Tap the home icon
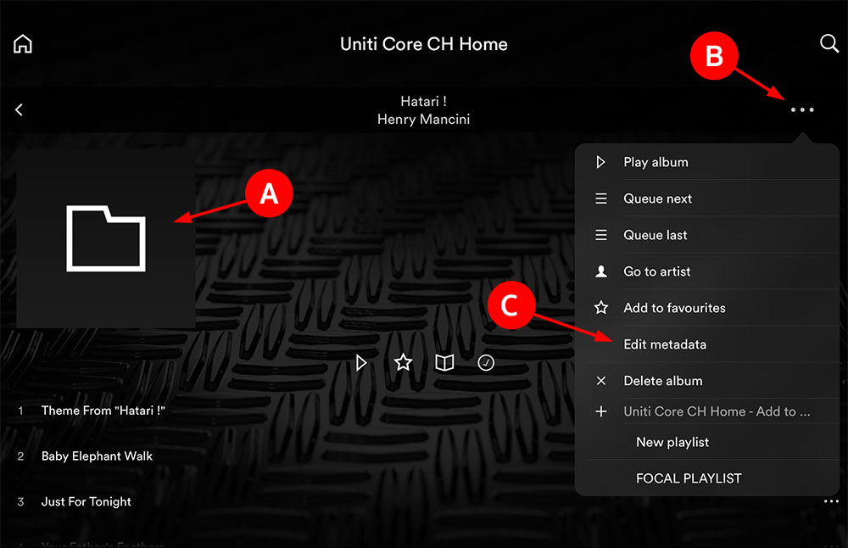(x=23, y=44)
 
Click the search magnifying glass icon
(x=829, y=43)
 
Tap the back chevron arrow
(x=19, y=109)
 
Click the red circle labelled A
(x=269, y=193)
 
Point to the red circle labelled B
(x=714, y=56)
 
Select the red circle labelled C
(x=511, y=305)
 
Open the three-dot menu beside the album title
(x=802, y=109)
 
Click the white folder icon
(x=106, y=238)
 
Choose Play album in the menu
(x=656, y=162)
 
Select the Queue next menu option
(x=658, y=199)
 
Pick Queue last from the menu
(x=655, y=235)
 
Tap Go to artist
(x=656, y=271)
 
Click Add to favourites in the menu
(x=674, y=308)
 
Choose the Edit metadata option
(x=665, y=344)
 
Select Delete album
(x=662, y=381)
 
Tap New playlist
(x=672, y=443)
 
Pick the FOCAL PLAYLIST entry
(x=689, y=478)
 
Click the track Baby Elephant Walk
(x=97, y=456)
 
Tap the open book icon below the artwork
(x=444, y=362)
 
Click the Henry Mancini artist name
(x=423, y=119)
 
